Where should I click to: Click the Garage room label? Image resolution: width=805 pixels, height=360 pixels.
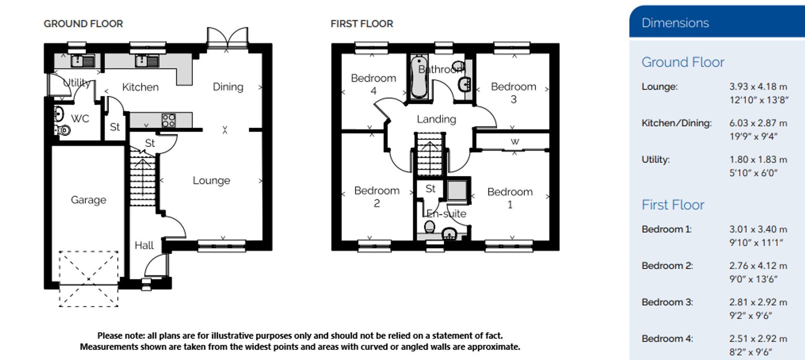[x=89, y=200]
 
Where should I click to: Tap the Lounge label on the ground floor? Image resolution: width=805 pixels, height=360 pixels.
[x=211, y=180]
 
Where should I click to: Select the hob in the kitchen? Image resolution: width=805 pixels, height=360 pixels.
[x=169, y=120]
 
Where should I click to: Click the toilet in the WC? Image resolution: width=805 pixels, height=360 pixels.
[x=62, y=130]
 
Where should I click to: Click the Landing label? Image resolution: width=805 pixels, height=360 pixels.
[x=436, y=119]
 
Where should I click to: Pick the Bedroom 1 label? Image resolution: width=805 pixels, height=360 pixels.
[x=510, y=198]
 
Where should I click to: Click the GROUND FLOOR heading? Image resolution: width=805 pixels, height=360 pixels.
[x=83, y=24]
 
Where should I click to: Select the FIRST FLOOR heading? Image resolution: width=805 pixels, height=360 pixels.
[x=362, y=24]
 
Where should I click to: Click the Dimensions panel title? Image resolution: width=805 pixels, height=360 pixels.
[x=675, y=23]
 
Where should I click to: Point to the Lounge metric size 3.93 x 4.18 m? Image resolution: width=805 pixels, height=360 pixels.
[x=758, y=87]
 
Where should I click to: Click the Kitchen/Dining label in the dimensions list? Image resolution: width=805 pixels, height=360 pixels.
[x=677, y=123]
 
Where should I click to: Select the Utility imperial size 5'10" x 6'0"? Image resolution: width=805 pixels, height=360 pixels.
[x=753, y=173]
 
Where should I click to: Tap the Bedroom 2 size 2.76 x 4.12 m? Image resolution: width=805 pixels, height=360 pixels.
[x=758, y=266]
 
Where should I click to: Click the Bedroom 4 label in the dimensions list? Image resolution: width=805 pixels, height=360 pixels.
[x=667, y=339]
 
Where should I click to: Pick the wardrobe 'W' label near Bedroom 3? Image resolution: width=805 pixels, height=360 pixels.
[x=515, y=141]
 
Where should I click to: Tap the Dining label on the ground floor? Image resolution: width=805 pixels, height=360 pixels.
[x=228, y=87]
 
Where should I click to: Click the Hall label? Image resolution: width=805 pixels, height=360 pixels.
[x=144, y=245]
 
